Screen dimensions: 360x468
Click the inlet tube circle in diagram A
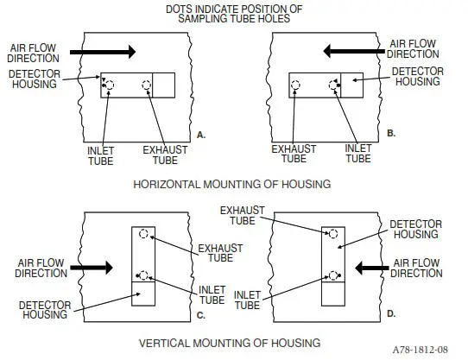[x=110, y=85]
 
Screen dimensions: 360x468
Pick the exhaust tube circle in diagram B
[x=296, y=85]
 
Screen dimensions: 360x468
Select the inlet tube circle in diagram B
[x=333, y=85]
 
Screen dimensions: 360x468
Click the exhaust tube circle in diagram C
[x=145, y=234]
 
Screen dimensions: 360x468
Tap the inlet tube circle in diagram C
[x=145, y=276]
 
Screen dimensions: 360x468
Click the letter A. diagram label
[x=200, y=135]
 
